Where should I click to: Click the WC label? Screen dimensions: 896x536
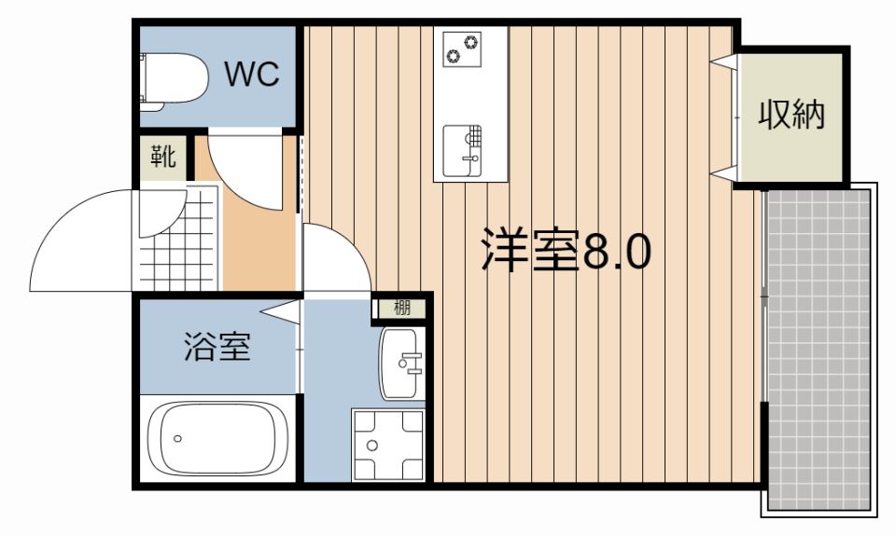(x=252, y=75)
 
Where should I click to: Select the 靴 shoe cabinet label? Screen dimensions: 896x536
(x=162, y=156)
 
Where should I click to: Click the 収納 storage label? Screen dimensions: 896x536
(x=791, y=115)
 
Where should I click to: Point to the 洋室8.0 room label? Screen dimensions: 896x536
(x=566, y=250)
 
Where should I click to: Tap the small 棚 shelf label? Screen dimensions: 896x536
(x=402, y=309)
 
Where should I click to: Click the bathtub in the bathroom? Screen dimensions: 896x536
(x=217, y=438)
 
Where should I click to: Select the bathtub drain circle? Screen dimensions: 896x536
(x=177, y=438)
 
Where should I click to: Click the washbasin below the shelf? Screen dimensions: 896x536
(x=401, y=364)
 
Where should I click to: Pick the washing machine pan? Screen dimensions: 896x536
(x=388, y=445)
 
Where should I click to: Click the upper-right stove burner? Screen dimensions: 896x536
(x=471, y=42)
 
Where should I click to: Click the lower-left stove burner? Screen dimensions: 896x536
(x=454, y=55)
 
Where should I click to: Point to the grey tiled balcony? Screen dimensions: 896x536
(x=819, y=350)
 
